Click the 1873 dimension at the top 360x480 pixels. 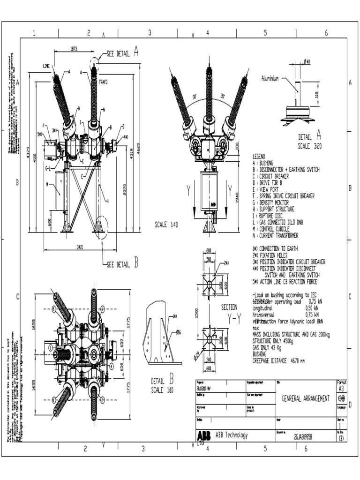tap(74, 48)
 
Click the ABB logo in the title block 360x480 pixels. tap(204, 435)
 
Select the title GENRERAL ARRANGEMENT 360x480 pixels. tap(305, 398)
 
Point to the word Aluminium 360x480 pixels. tap(270, 79)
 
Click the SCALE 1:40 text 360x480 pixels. tap(167, 225)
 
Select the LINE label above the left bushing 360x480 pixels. tap(46, 66)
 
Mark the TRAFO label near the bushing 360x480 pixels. tap(103, 82)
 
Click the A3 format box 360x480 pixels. tap(341, 389)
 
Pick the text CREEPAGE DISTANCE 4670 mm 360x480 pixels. tap(278, 361)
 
